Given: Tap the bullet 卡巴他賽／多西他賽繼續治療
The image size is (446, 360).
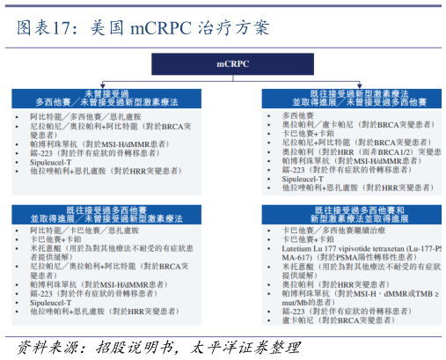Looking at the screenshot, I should (333, 230).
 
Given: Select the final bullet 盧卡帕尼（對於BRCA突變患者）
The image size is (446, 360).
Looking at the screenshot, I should (334, 320).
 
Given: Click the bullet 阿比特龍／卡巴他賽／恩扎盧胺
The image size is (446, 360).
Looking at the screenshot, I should (79, 230).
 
